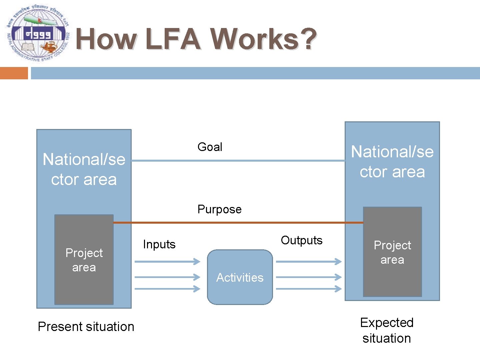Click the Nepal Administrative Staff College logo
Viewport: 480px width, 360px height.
point(37,33)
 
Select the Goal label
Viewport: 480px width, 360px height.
point(210,147)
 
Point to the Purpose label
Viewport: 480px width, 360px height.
point(219,209)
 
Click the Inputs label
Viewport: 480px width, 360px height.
point(159,244)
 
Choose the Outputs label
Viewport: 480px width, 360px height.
point(302,240)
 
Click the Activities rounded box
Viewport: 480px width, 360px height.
point(240,277)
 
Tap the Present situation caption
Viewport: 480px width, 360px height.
point(86,327)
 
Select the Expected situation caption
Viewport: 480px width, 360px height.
point(387,330)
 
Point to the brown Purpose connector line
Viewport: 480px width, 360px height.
point(238,222)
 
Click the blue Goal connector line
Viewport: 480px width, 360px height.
point(238,161)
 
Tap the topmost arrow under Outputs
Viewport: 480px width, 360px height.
point(309,262)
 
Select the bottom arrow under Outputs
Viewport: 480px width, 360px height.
point(309,289)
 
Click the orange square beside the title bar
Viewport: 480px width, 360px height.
point(14,73)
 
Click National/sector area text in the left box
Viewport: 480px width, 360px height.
point(84,169)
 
